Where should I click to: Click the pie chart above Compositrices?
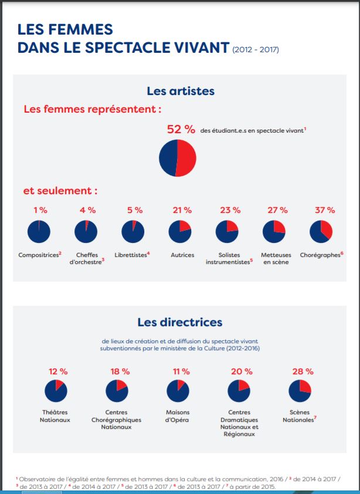pos(39,232)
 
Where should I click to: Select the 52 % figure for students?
pos(181,130)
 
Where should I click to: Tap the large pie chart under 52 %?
pos(178,158)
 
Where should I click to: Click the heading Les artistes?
pos(180,91)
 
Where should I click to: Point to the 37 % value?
pos(321,209)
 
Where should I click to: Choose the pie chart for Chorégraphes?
pos(321,232)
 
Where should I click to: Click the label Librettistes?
pos(133,255)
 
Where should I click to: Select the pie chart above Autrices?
pos(180,232)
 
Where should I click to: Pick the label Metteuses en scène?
pos(274,258)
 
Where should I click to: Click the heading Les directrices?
pos(180,322)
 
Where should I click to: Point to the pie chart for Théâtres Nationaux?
pos(56,391)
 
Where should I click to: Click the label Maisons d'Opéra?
pos(178,416)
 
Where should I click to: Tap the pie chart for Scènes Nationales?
pos(300,391)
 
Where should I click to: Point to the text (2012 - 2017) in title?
pos(256,49)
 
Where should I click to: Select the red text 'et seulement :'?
pos(60,191)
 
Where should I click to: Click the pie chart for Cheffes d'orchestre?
pos(86,232)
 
